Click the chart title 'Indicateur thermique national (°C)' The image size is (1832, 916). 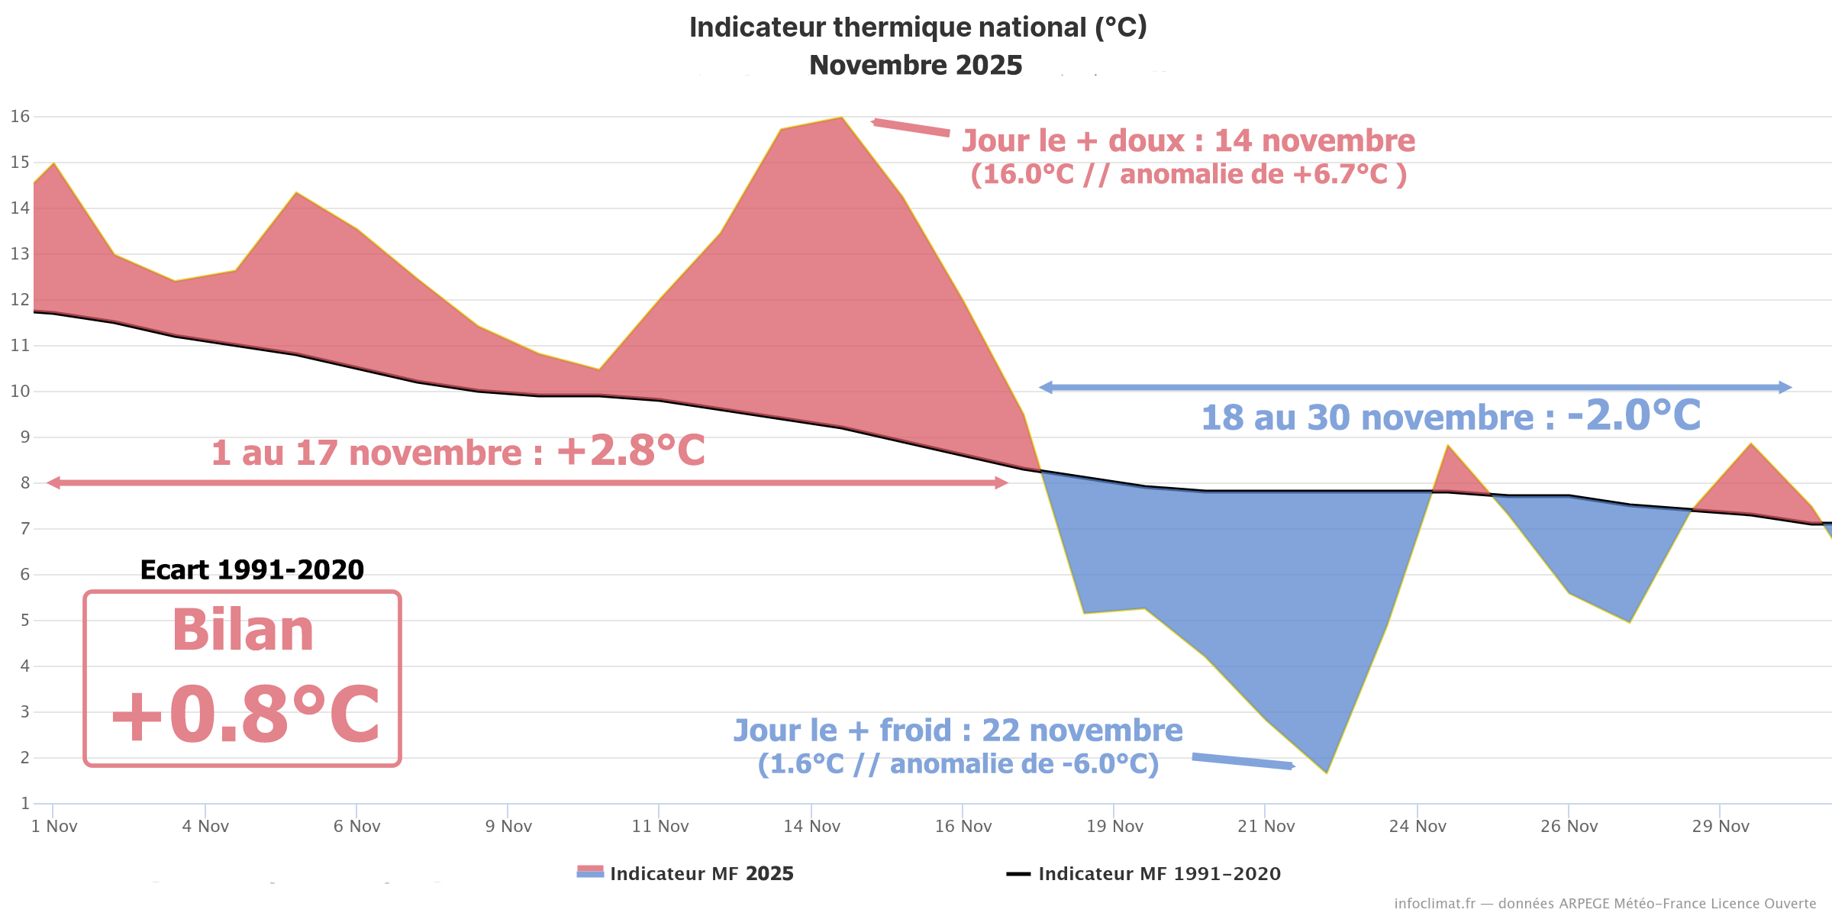[x=918, y=27]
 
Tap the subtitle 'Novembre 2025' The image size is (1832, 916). [x=915, y=66]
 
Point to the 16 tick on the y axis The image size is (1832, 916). [x=20, y=117]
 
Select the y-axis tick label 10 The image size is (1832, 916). [x=20, y=392]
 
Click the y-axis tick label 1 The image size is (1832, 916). [x=25, y=804]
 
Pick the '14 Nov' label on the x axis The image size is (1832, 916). [x=811, y=827]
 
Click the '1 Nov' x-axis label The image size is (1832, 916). [x=54, y=827]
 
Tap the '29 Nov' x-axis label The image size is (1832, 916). [x=1721, y=827]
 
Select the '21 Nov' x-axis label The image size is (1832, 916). [x=1266, y=827]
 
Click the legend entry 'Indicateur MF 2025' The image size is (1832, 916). [x=701, y=874]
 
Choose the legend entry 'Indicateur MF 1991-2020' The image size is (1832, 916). [x=1159, y=874]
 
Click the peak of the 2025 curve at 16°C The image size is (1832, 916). [x=841, y=118]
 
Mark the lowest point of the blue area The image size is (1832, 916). [x=1327, y=772]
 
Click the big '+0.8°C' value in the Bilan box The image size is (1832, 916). [x=245, y=714]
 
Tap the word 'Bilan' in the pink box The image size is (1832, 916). [x=243, y=631]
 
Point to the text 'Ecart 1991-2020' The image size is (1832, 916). [x=252, y=570]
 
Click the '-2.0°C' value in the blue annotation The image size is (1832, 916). [x=1634, y=415]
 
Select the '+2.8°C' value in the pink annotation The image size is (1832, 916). [x=631, y=450]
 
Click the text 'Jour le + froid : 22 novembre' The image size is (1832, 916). [x=958, y=731]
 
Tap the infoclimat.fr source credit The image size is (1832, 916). [x=1605, y=904]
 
